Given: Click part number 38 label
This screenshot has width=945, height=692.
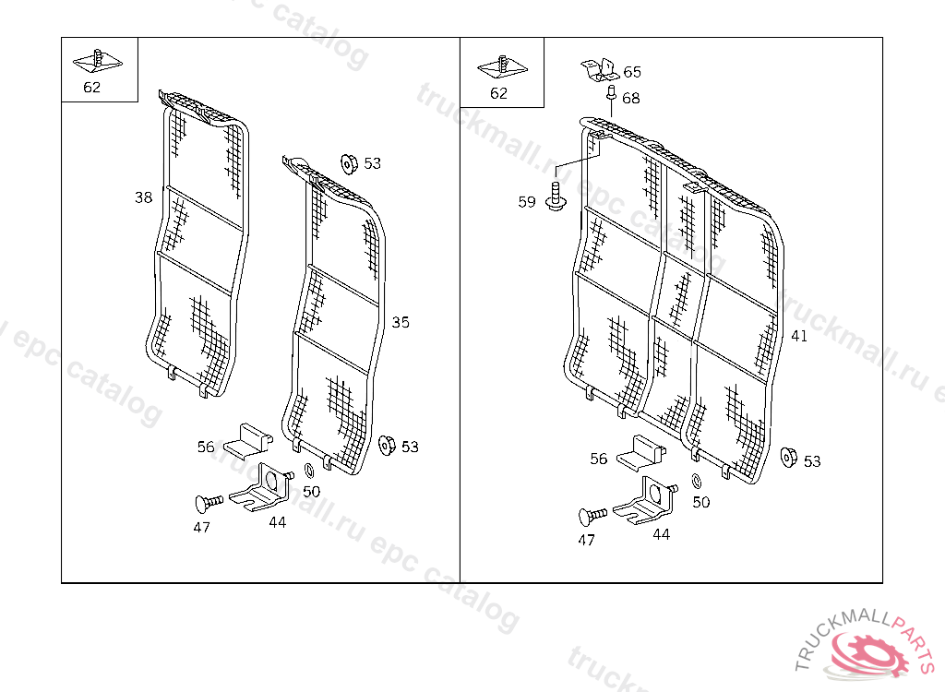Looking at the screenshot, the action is coord(143,197).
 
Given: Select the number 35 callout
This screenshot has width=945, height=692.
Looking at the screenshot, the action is coord(401,322).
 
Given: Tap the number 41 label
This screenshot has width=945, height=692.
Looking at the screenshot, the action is coord(799,336).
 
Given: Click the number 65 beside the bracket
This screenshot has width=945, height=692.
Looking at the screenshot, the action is coord(632,72).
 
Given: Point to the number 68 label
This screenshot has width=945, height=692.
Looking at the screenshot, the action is coord(631,98).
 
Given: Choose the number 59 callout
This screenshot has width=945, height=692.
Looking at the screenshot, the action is coord(527,202).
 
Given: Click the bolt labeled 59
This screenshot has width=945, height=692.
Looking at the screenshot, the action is coord(556,197).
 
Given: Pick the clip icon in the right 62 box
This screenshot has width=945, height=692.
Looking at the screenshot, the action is coord(501,66).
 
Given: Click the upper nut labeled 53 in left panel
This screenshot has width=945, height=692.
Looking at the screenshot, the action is coord(349,163).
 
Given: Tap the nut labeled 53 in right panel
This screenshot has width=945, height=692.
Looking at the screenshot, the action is coord(788,458).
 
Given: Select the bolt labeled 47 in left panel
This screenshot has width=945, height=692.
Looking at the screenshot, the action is coord(208,502).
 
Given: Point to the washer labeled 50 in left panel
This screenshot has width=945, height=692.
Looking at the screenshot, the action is coord(308,472).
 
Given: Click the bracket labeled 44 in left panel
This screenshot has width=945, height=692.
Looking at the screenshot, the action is coord(262,489).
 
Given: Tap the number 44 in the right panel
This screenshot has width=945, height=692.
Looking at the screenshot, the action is coord(662,534).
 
